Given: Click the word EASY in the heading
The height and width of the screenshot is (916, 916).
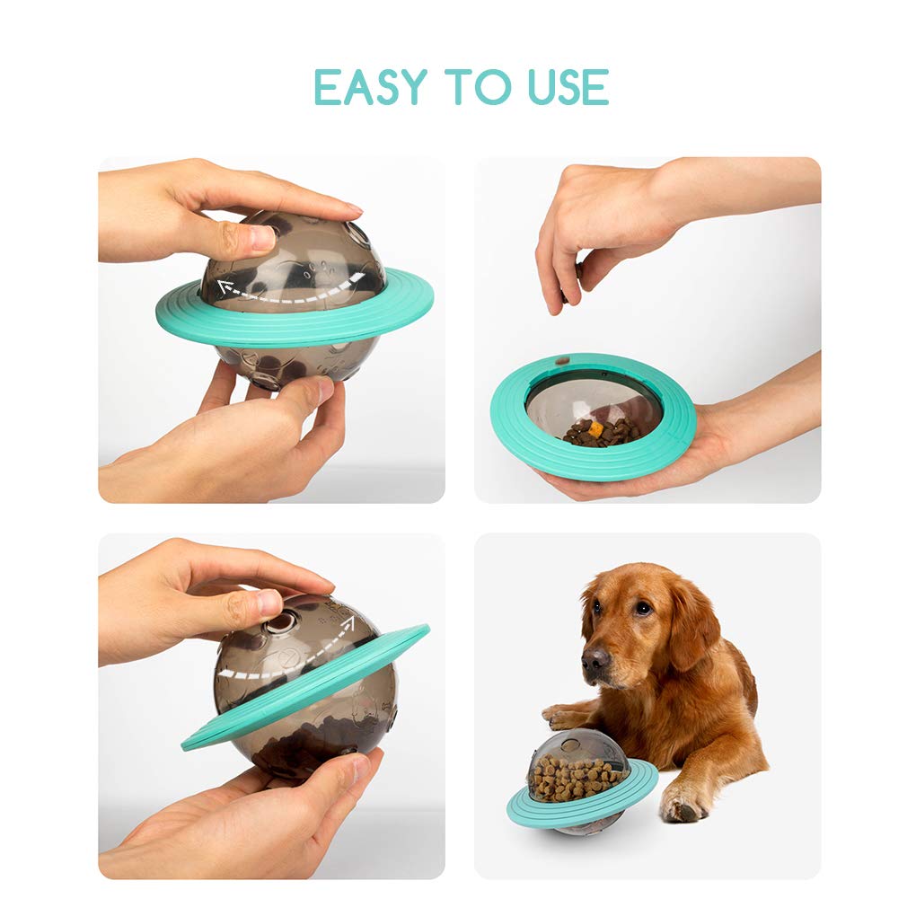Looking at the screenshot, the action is [371, 87].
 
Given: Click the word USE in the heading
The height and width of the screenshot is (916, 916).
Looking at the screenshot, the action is [568, 87].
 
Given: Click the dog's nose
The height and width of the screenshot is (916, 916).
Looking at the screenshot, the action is [595, 658].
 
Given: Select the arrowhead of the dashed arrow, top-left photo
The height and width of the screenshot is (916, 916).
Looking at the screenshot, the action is [224, 286].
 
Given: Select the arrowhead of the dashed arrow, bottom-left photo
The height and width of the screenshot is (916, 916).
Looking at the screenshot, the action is [348, 622].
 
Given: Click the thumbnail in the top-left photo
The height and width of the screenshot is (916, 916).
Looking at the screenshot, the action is [262, 237].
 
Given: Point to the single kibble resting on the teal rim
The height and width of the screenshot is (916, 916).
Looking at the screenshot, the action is [562, 361].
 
